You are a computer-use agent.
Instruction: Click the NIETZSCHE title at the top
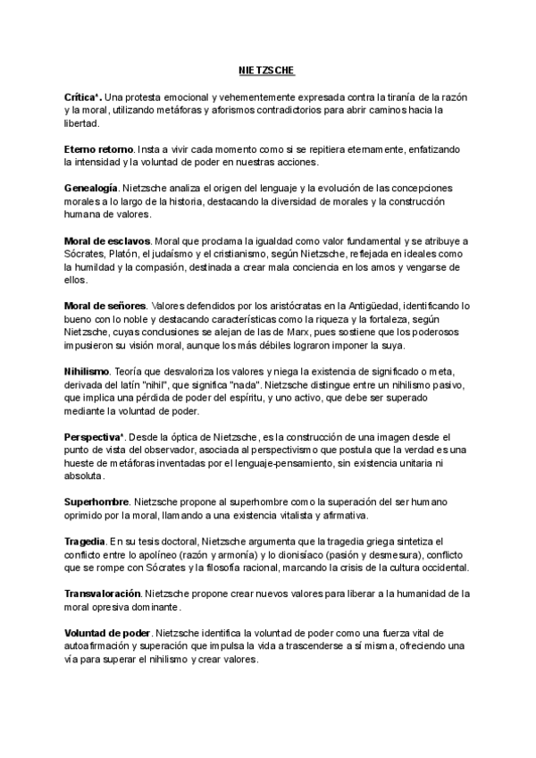click(268, 69)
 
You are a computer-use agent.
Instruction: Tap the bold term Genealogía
click(91, 189)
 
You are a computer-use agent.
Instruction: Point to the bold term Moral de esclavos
click(107, 241)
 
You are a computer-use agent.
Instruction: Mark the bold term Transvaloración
click(102, 594)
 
